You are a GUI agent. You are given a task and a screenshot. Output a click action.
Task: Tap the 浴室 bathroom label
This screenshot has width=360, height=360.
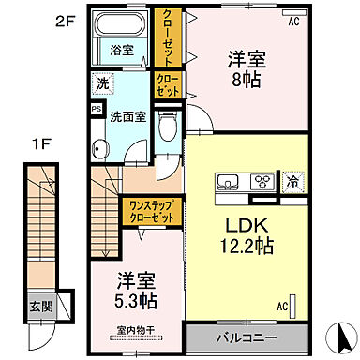click(121, 49)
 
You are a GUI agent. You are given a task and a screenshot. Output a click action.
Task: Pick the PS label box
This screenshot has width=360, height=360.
click(97, 109)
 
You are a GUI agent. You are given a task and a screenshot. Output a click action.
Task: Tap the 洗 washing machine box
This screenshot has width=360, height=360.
click(102, 84)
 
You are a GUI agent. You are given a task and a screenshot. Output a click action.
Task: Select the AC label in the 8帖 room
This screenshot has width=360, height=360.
click(292, 21)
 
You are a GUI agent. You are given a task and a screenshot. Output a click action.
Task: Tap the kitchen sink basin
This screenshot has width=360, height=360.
click(227, 182)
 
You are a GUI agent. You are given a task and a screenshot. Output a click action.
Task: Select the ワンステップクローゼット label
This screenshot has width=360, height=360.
click(149, 211)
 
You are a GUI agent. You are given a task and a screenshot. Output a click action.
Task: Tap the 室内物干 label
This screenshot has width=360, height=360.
click(137, 329)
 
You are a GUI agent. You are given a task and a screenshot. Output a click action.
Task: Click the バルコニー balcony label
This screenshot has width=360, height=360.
click(247, 335)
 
